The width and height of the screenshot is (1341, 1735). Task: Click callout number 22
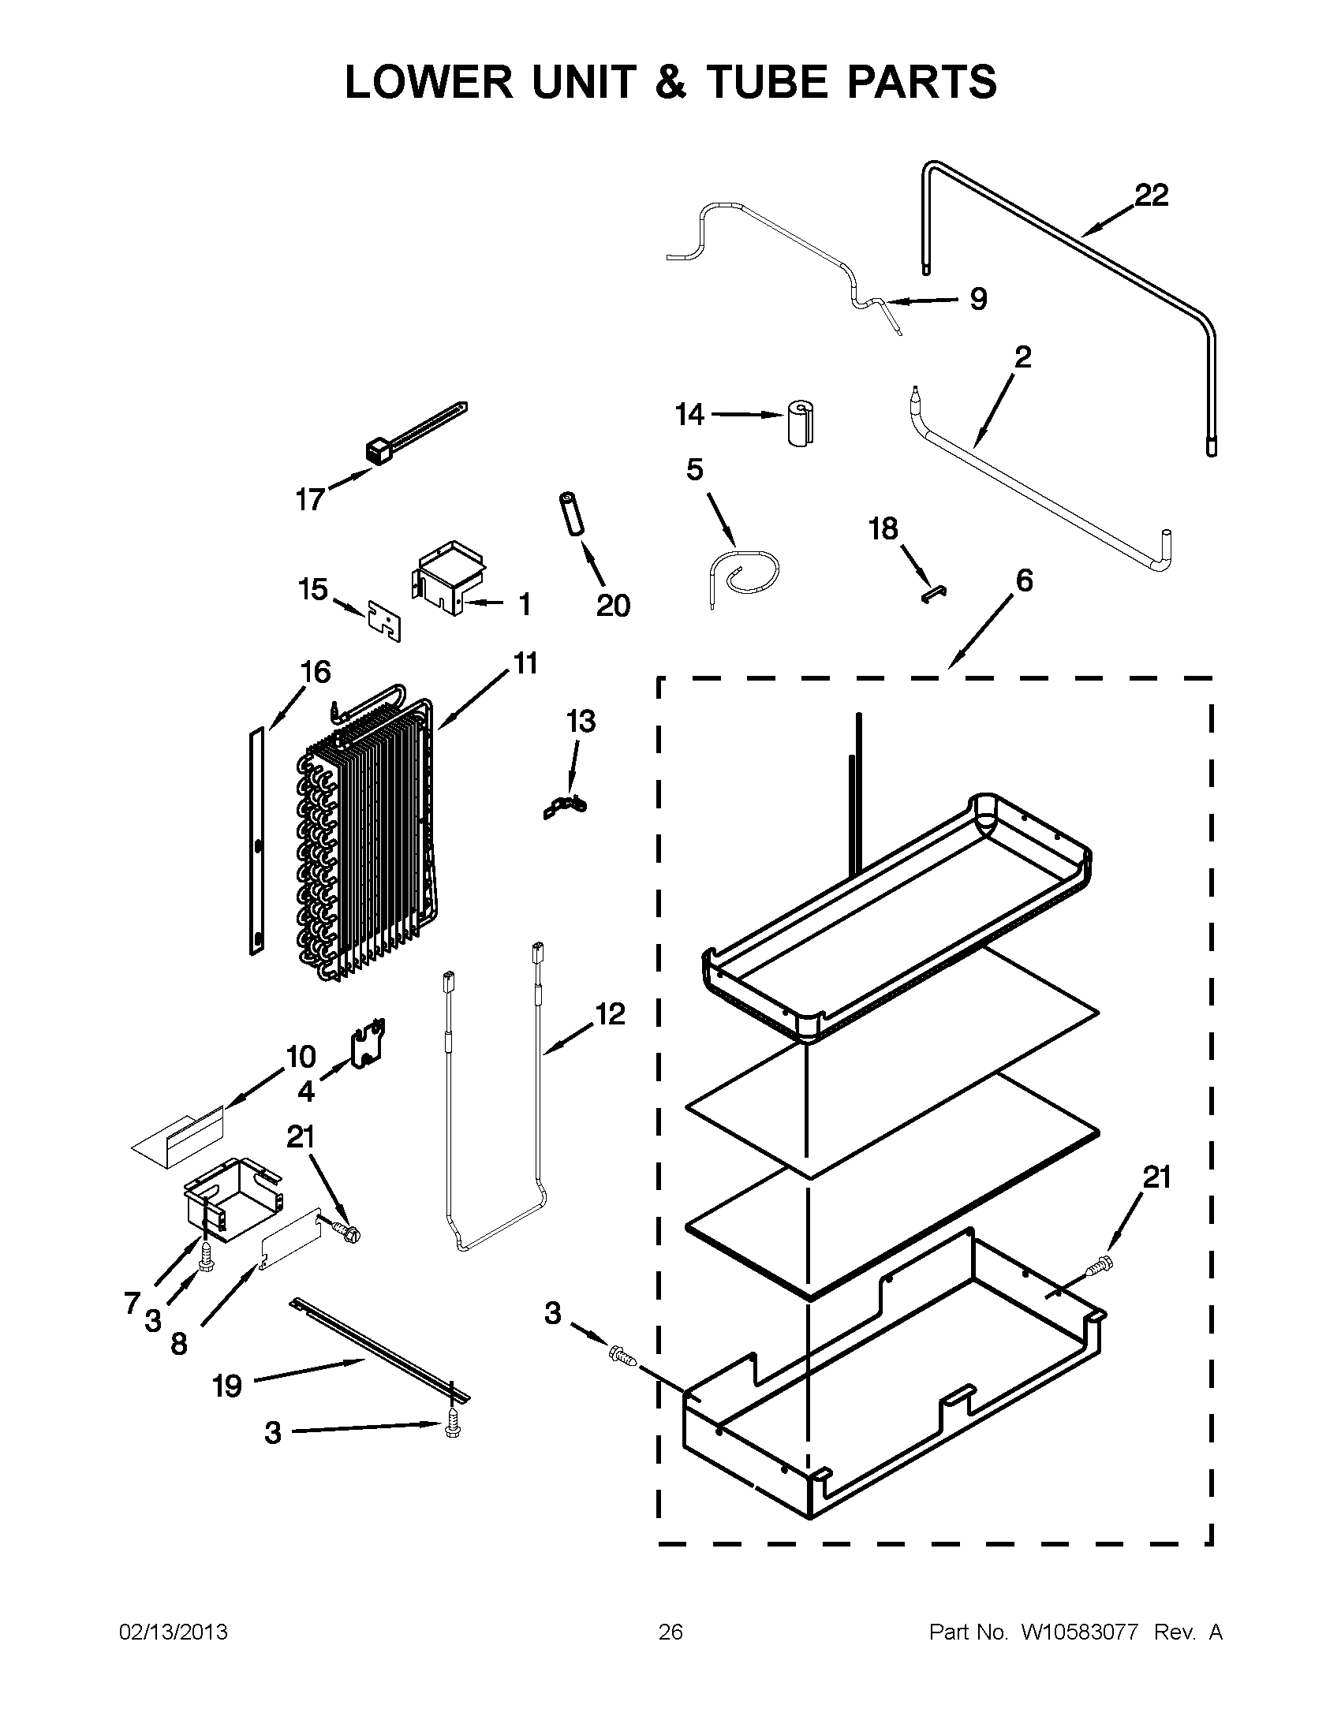tap(1151, 196)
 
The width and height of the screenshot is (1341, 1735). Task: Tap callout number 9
tap(978, 299)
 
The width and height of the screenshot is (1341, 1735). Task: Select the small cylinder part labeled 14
tap(801, 423)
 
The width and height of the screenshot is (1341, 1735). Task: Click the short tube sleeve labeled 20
tap(573, 516)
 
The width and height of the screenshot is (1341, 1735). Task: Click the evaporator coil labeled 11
tap(365, 842)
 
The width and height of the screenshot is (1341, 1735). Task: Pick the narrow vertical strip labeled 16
tap(256, 842)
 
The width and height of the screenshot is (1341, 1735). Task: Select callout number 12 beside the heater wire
tap(609, 1014)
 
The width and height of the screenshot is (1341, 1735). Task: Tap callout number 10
tap(301, 1057)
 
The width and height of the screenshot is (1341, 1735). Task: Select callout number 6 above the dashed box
tap(1024, 581)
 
